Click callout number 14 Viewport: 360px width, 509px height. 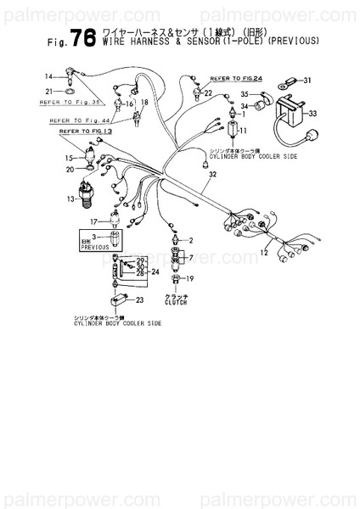49,77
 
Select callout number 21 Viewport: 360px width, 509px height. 49,91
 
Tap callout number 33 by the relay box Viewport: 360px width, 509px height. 312,113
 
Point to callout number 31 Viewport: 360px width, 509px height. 307,81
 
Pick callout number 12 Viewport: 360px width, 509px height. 264,253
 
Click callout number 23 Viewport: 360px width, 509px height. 139,300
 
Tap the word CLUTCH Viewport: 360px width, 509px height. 176,302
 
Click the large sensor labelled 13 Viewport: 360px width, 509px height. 88,192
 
